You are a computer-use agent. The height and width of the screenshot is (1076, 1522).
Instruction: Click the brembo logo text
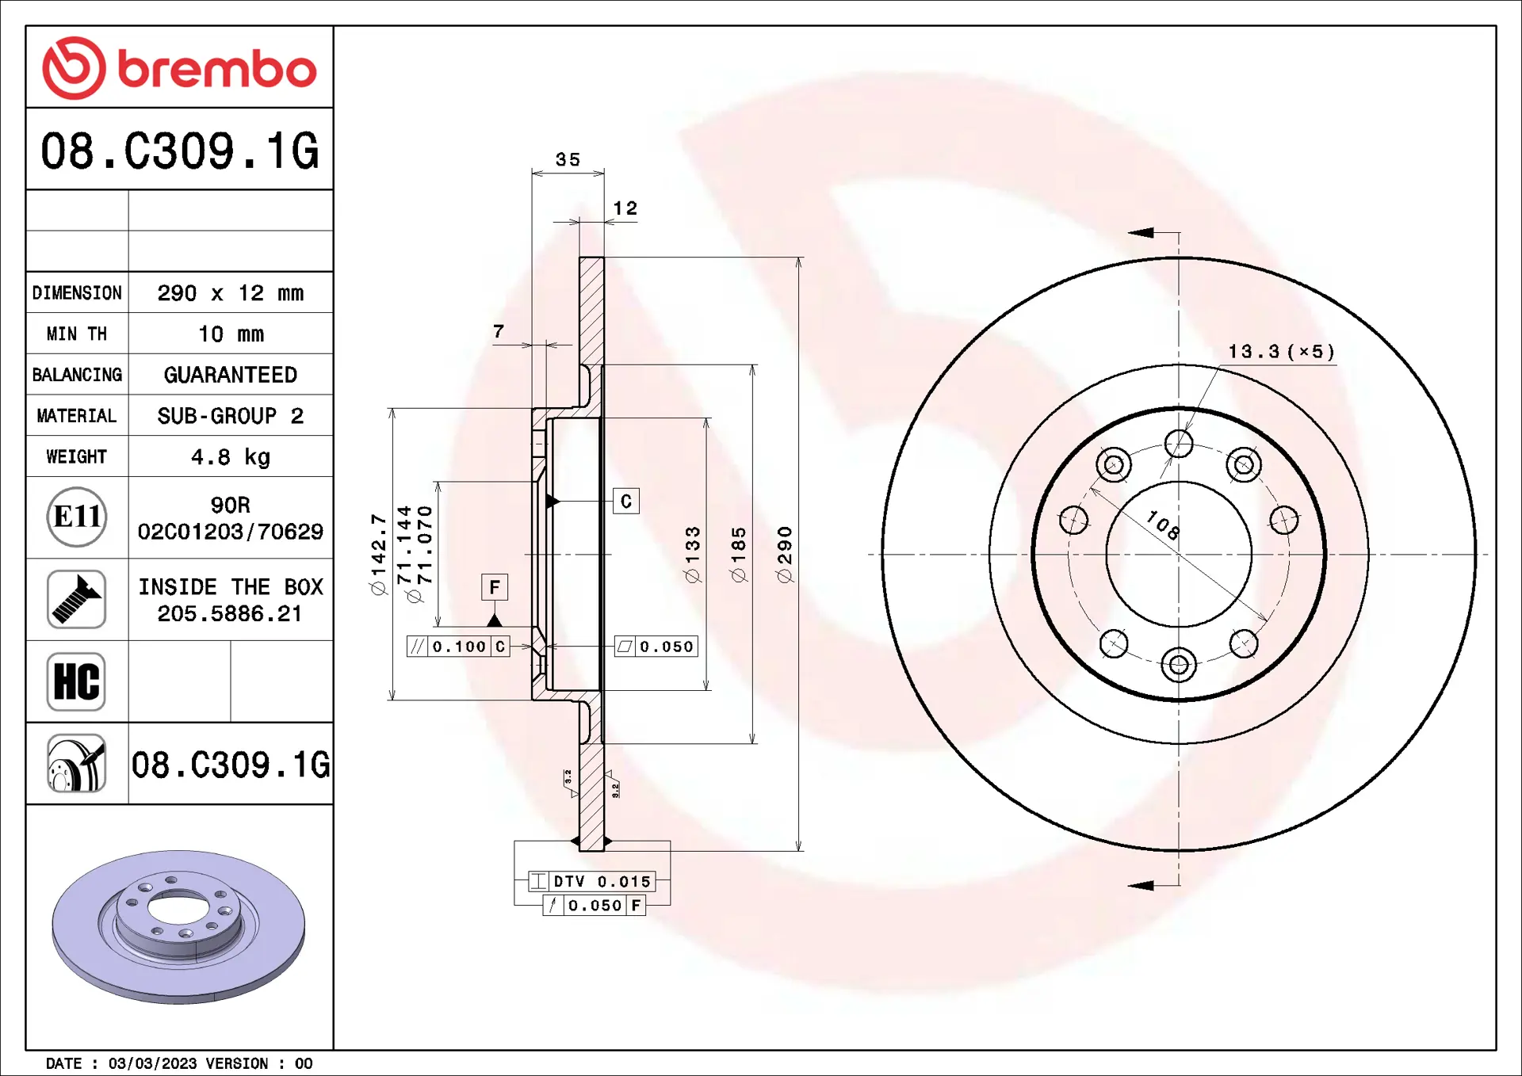(216, 70)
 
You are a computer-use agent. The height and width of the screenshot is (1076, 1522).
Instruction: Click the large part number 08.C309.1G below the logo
(180, 151)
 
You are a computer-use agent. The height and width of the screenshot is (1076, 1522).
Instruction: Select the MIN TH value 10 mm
(230, 334)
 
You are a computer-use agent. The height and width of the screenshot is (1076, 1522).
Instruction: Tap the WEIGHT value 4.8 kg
(230, 457)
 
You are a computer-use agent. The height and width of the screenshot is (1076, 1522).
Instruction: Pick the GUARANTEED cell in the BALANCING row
(230, 375)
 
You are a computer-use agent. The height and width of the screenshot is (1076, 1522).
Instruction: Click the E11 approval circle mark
(77, 517)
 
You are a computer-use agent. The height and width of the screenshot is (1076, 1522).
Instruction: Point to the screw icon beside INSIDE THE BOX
(77, 599)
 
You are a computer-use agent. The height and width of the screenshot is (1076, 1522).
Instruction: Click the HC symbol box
(77, 681)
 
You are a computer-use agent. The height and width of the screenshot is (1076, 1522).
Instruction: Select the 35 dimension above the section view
(568, 159)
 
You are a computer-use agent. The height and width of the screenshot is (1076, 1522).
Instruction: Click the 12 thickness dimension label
(625, 208)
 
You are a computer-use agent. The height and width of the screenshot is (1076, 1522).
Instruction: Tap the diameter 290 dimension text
(785, 554)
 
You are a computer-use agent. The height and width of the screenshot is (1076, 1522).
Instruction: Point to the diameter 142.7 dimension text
(378, 554)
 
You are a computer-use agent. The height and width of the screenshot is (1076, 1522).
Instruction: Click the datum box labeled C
(626, 501)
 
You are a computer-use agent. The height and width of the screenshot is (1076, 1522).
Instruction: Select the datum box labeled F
(495, 587)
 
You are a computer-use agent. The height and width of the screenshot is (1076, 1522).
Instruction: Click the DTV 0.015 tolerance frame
(593, 881)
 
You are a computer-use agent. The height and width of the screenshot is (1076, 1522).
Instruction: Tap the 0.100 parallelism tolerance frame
(458, 647)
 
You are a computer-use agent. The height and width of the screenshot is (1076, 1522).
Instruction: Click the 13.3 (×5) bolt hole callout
(1281, 351)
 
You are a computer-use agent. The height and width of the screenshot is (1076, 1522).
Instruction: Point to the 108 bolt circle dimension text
(1163, 525)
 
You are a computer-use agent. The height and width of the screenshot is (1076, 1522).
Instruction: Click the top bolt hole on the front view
(1179, 444)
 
